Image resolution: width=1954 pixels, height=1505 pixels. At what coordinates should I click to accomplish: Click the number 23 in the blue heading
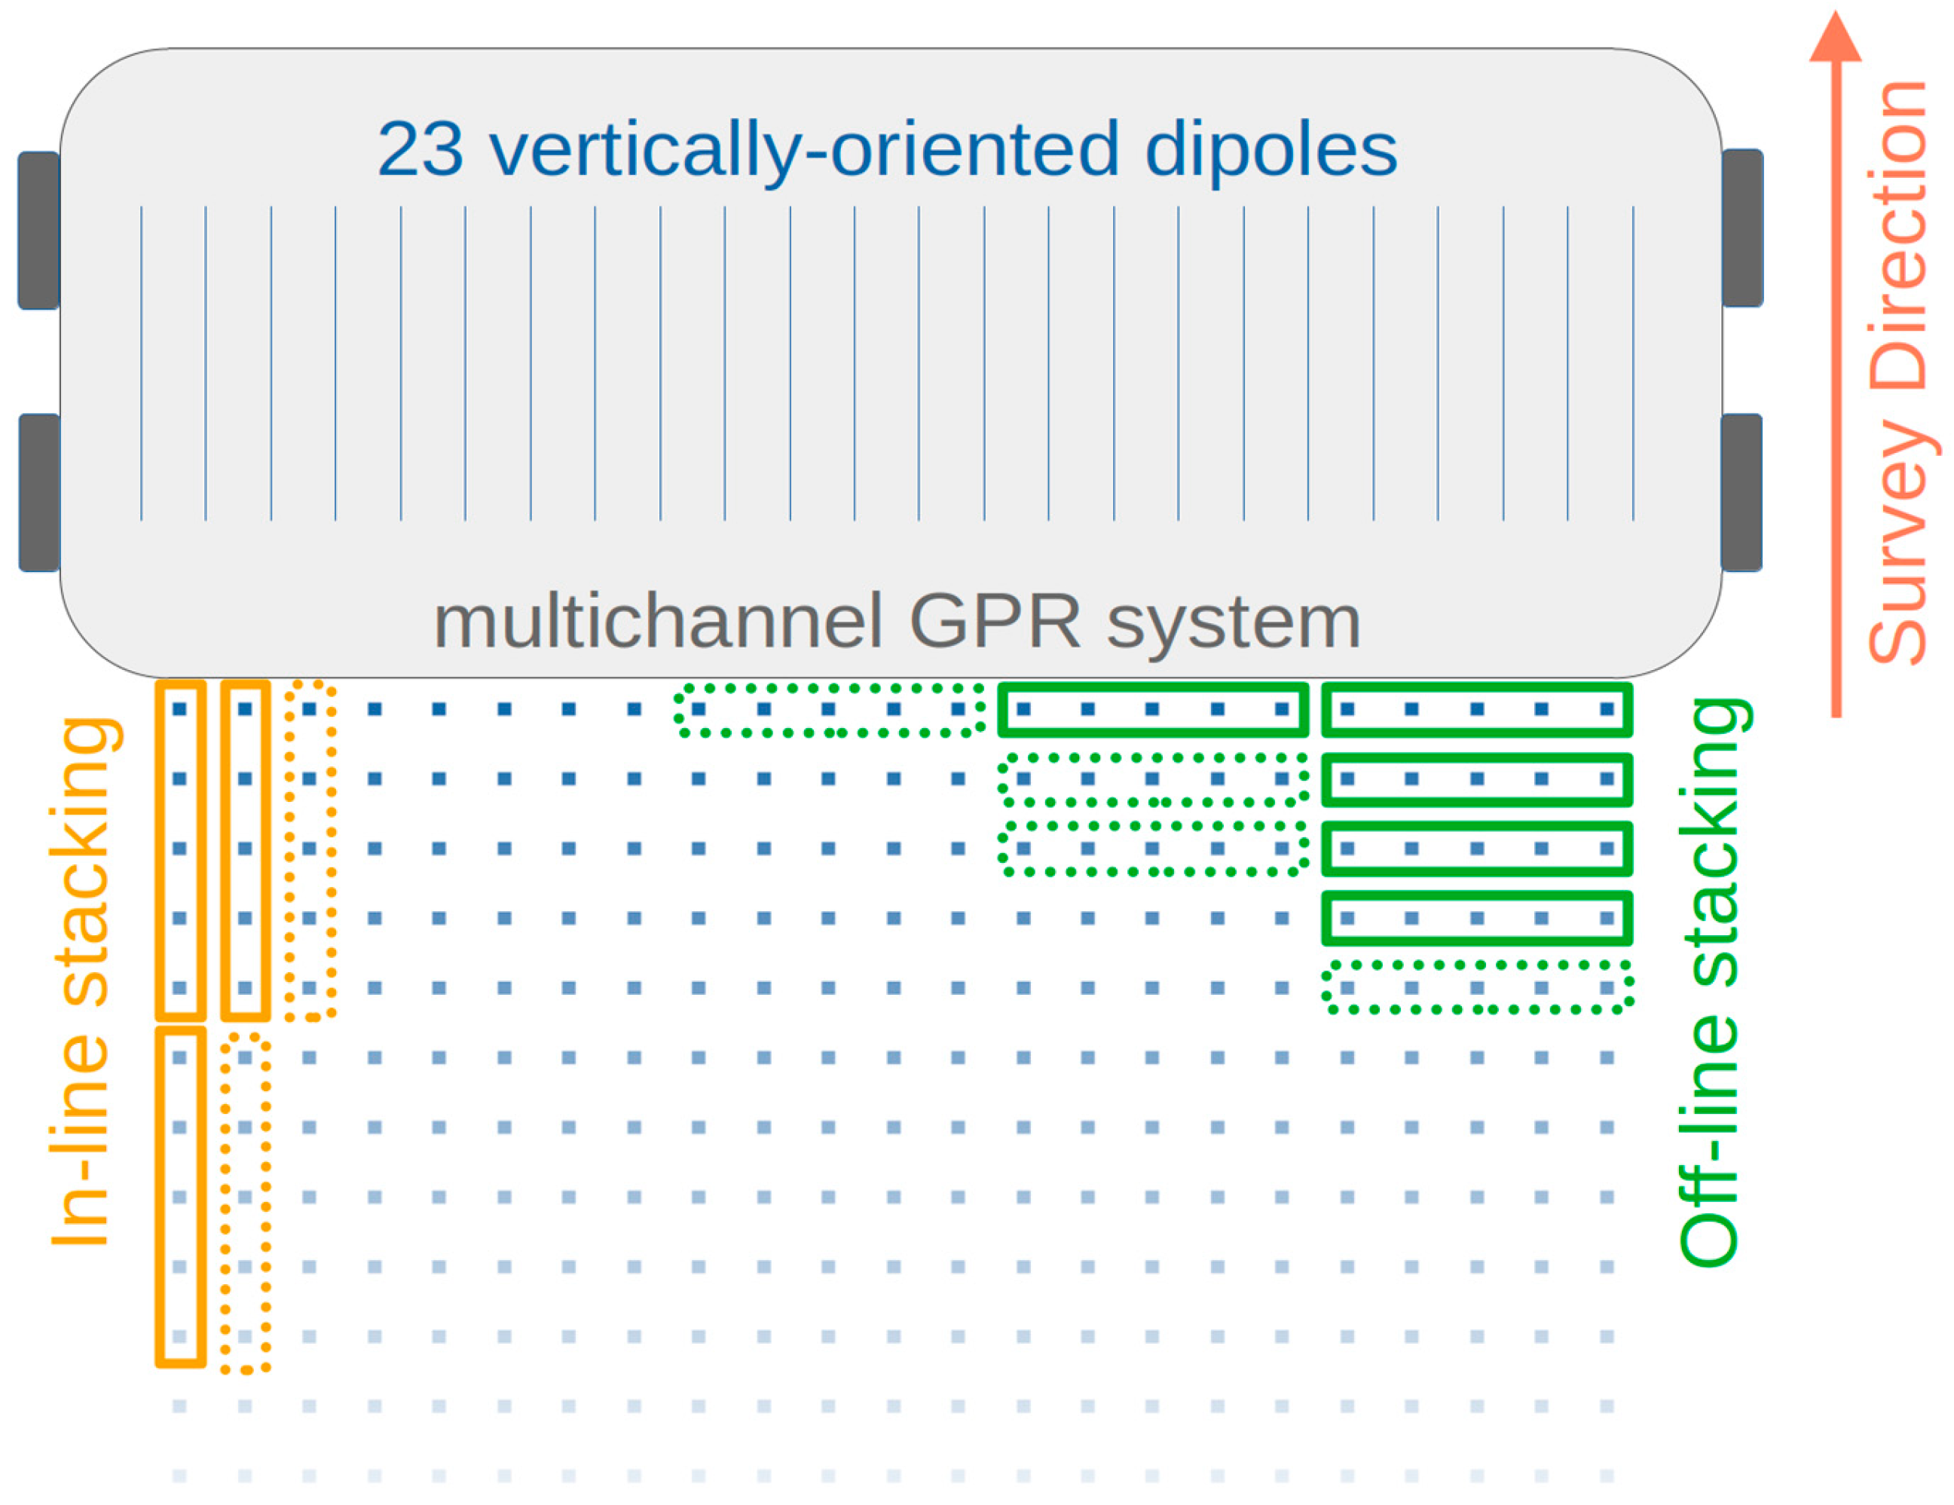pyautogui.click(x=420, y=150)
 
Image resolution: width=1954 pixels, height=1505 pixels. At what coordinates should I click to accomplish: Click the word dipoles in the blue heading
pyautogui.click(x=1271, y=150)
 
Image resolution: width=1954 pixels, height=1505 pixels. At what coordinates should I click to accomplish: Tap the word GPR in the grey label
pyautogui.click(x=995, y=622)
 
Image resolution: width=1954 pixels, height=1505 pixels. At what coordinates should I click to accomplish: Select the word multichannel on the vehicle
pyautogui.click(x=658, y=622)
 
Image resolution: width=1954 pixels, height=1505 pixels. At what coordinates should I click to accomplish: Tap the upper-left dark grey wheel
pyautogui.click(x=39, y=231)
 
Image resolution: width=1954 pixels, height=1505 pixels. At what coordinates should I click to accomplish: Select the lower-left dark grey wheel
pyautogui.click(x=39, y=492)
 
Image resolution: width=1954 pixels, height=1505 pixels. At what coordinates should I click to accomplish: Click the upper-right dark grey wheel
pyautogui.click(x=1742, y=228)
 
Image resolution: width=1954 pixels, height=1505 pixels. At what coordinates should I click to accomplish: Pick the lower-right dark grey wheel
pyautogui.click(x=1741, y=492)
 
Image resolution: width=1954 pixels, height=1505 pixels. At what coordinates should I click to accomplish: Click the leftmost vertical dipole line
pyautogui.click(x=142, y=362)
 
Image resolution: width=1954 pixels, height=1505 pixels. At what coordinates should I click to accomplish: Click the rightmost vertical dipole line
pyautogui.click(x=1633, y=362)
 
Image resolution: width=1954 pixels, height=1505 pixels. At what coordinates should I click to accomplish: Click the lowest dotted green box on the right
pyautogui.click(x=1476, y=988)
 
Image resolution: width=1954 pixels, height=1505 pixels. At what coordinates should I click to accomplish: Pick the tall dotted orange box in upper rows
pyautogui.click(x=310, y=850)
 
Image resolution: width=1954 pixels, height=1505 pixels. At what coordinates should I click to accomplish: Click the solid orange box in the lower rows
pyautogui.click(x=181, y=1198)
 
